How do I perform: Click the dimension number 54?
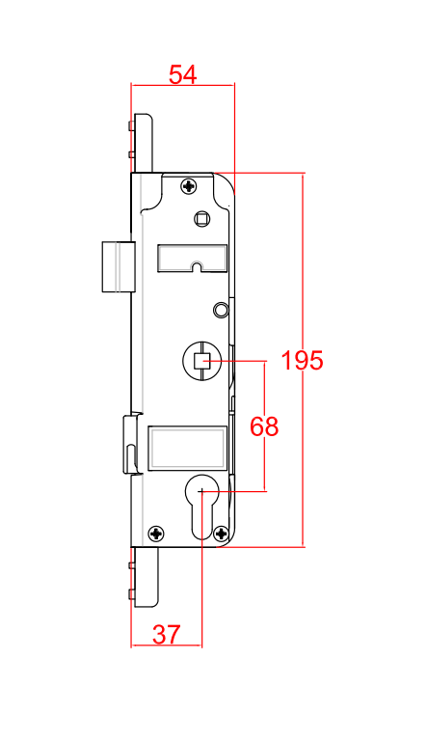[182, 74]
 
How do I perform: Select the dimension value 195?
[302, 361]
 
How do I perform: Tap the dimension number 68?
[264, 426]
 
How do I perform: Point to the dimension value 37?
[166, 634]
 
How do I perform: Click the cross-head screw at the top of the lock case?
[190, 184]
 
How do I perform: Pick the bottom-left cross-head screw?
[156, 533]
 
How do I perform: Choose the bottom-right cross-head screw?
[222, 533]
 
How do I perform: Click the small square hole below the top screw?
[201, 219]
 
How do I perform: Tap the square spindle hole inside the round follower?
[201, 362]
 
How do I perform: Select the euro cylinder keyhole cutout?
[201, 504]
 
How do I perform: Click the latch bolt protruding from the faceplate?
[116, 266]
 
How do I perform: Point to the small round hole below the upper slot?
[221, 309]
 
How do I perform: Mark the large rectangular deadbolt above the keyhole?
[186, 449]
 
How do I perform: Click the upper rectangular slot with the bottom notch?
[192, 258]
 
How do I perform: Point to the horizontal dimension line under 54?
[182, 85]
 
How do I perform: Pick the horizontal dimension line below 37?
[166, 645]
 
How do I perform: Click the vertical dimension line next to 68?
[264, 386]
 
